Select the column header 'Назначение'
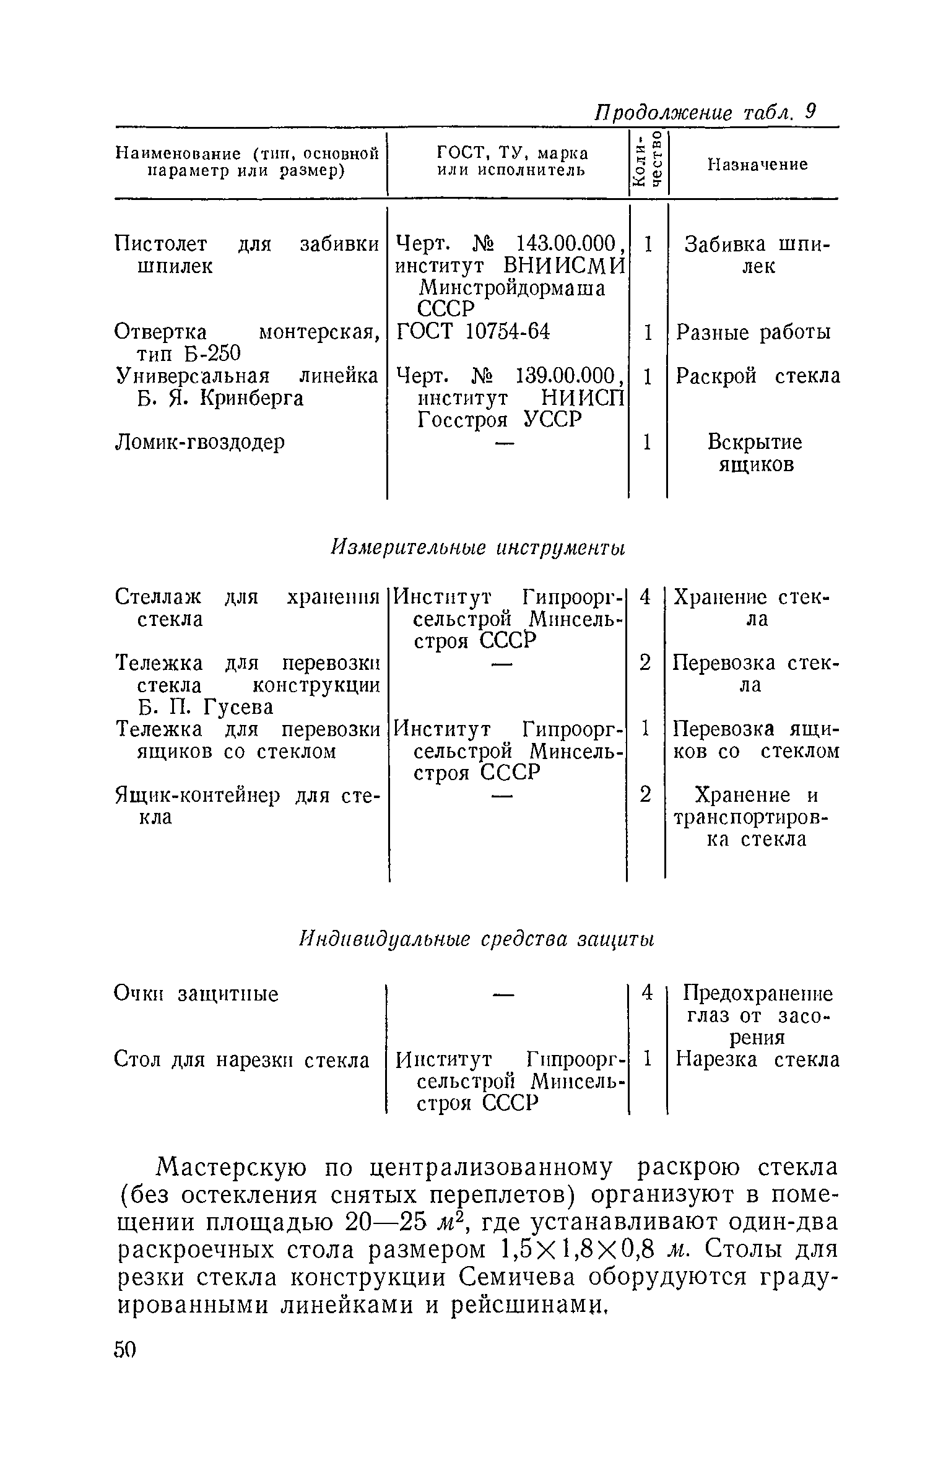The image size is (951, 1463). (x=758, y=164)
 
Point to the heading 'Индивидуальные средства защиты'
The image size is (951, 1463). (x=477, y=939)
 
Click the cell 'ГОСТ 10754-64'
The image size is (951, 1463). (x=473, y=332)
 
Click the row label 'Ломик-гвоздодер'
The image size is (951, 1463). (x=200, y=442)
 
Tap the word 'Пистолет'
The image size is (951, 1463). (x=162, y=245)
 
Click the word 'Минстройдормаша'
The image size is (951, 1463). (x=513, y=289)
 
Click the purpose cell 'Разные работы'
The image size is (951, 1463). (x=753, y=332)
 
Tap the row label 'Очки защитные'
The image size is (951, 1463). (x=197, y=994)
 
